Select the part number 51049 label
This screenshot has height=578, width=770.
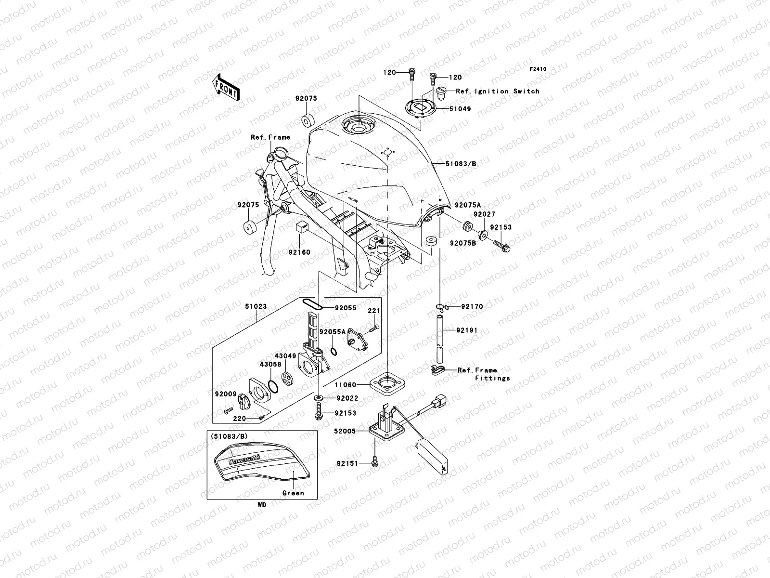(461, 109)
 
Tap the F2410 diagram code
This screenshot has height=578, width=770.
(538, 69)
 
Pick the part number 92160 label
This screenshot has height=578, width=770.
(299, 252)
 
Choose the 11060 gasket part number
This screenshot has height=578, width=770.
(346, 385)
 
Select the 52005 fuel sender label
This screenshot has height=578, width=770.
(346, 432)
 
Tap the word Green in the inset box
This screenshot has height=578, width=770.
(293, 493)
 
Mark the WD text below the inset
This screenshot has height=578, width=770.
(261, 505)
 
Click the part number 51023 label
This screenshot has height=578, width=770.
(256, 306)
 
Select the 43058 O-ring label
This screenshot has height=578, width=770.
(270, 365)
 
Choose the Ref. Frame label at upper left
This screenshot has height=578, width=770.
(270, 137)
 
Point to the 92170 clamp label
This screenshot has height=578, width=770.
(472, 306)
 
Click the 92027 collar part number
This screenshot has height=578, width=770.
(484, 214)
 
